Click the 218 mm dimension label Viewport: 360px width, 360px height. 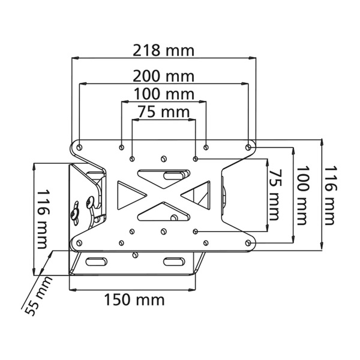[163, 50]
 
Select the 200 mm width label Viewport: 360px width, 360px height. [163, 76]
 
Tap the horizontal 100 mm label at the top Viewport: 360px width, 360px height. [163, 94]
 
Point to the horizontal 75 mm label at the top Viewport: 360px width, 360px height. [163, 112]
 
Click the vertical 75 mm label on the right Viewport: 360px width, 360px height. [274, 193]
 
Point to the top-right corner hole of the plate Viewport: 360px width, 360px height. [248, 146]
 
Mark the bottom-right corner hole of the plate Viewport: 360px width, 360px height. [248, 243]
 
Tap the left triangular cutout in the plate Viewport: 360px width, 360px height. [129, 194]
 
